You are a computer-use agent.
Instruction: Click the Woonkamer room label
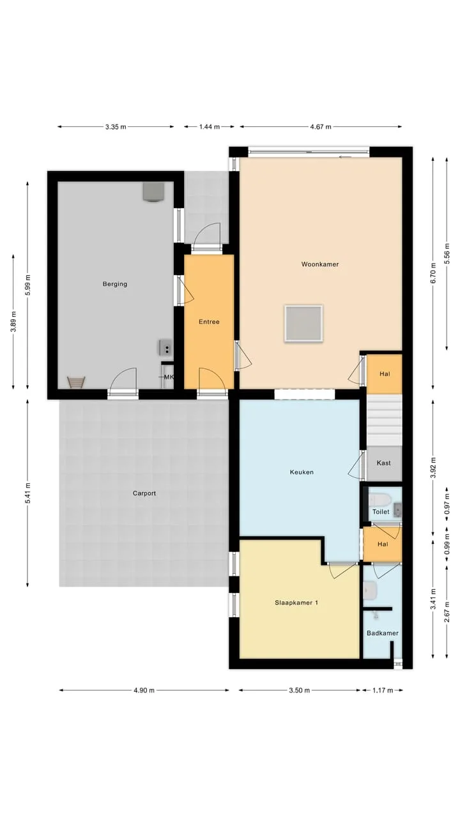point(320,264)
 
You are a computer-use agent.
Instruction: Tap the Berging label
point(115,284)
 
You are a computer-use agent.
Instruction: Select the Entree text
point(209,322)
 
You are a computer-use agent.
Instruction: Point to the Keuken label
point(302,472)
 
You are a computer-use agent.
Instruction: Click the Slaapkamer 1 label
point(296,603)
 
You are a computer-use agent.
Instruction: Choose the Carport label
point(144,493)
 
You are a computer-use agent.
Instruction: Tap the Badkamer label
point(383,633)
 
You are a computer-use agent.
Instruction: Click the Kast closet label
point(384,463)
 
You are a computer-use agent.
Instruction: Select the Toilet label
point(381,512)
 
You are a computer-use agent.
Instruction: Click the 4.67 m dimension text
point(321,127)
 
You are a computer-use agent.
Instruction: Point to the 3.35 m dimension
point(116,127)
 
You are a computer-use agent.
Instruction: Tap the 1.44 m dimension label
point(210,127)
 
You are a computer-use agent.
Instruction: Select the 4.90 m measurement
point(144,690)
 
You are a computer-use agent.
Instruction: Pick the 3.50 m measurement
point(300,690)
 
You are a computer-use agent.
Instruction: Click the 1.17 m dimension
point(383,690)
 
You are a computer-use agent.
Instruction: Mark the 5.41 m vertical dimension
point(27,493)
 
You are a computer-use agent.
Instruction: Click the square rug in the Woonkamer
point(303,324)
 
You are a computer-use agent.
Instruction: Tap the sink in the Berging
point(165,347)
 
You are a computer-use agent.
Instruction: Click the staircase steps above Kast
point(385,420)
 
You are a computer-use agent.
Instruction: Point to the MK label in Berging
point(169,377)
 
